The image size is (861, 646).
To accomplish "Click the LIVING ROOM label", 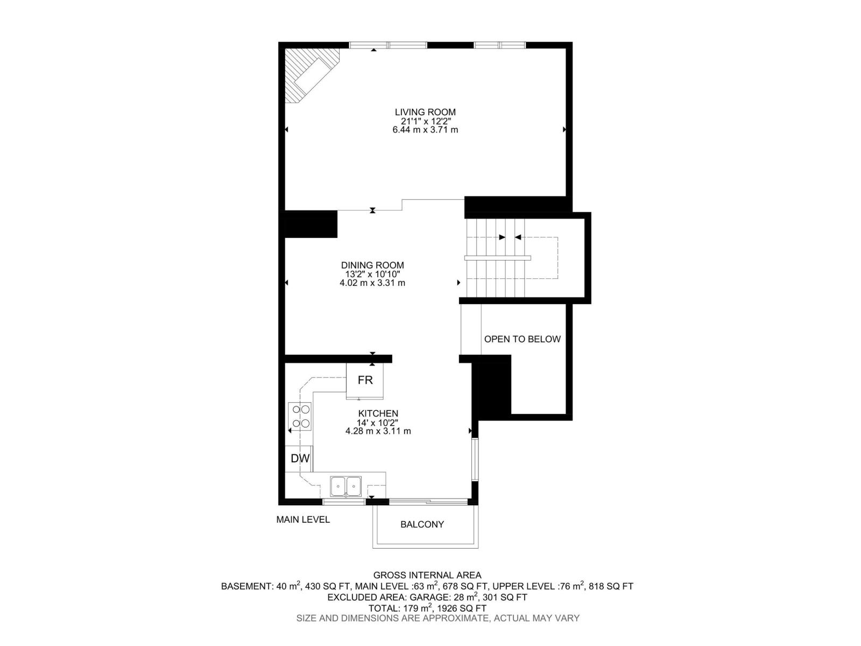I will tap(425, 112).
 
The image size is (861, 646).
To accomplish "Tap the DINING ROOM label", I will tap(372, 265).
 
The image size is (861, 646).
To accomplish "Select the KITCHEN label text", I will tap(378, 413).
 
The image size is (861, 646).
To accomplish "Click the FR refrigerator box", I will tap(365, 380).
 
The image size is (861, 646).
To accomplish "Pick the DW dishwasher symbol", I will tap(300, 459).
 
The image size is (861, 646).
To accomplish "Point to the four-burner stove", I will tap(300, 416).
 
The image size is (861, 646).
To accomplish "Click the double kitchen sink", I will tap(346, 486).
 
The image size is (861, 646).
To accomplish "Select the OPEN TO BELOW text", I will tap(522, 339).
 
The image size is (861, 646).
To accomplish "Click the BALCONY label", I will tap(422, 524).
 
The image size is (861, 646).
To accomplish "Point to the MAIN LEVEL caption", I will tap(303, 519).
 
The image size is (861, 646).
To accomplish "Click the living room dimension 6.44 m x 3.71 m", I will tap(425, 130).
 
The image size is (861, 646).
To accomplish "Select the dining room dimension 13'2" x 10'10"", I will tap(372, 274).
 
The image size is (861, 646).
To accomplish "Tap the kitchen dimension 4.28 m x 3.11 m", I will tap(378, 431).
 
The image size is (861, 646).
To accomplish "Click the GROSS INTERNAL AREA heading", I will tap(427, 575).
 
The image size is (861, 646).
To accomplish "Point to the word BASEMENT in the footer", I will tap(245, 586).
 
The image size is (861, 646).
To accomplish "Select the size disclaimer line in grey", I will tap(437, 619).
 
